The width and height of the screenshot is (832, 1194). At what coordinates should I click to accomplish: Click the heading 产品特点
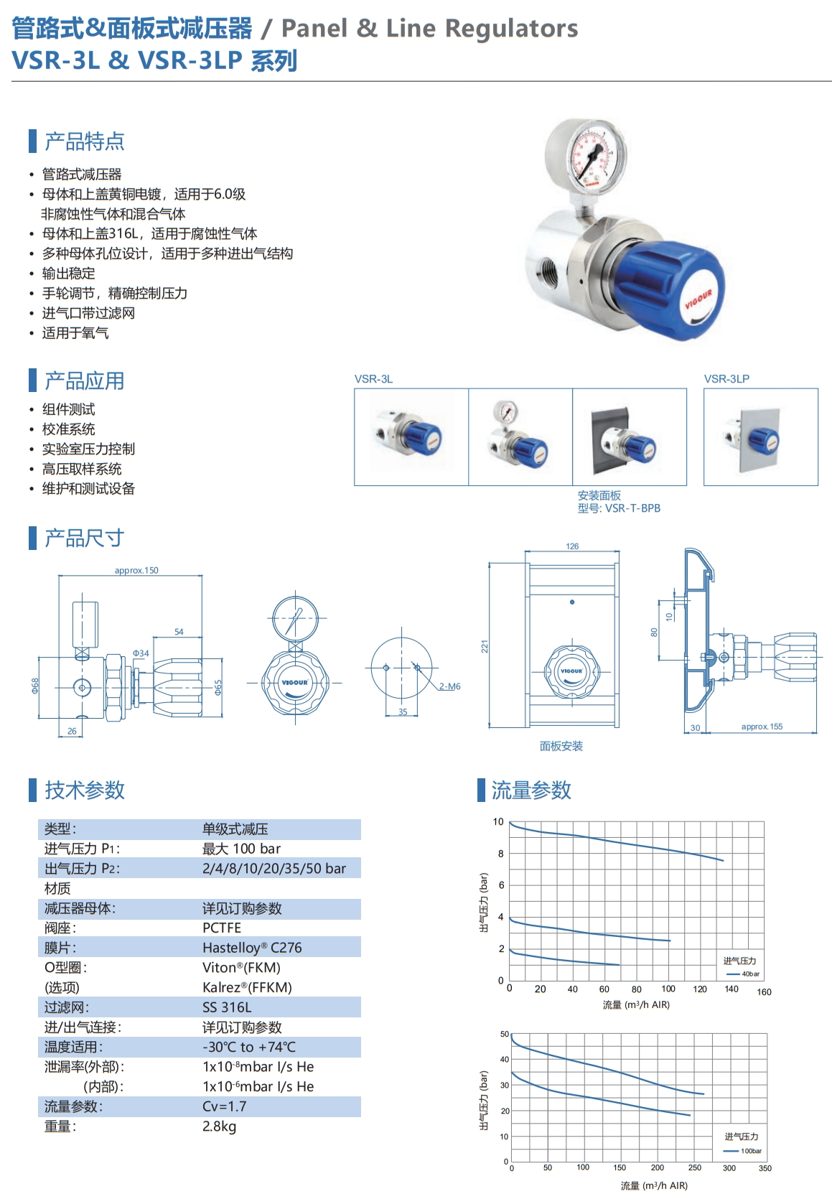click(84, 141)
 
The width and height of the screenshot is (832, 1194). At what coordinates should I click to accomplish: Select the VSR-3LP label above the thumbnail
click(726, 378)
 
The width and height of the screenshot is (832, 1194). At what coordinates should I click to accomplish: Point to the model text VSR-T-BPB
click(632, 508)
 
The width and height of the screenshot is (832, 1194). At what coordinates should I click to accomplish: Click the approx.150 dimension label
click(136, 570)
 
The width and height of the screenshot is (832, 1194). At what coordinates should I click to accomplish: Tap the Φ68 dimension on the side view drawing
click(35, 686)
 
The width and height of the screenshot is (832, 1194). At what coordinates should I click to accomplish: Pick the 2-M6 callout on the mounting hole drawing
click(450, 686)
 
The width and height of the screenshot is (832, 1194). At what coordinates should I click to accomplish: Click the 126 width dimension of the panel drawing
click(572, 546)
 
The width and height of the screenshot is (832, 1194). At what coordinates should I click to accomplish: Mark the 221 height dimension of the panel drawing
click(485, 647)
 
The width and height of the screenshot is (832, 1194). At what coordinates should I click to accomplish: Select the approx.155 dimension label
click(762, 727)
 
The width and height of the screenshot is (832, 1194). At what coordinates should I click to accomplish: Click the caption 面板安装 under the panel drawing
click(561, 746)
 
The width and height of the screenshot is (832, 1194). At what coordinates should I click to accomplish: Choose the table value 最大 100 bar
click(241, 849)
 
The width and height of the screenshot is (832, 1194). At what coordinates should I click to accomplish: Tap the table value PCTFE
click(222, 928)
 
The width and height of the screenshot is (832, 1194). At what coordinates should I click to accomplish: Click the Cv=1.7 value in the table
click(225, 1106)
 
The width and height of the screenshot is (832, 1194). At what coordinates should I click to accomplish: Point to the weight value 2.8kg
click(219, 1127)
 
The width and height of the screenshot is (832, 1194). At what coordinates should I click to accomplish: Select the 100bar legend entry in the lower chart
click(742, 1151)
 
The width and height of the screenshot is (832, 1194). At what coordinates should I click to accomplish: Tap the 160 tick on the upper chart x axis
click(765, 992)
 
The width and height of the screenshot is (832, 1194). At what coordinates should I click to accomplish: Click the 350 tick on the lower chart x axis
click(765, 1168)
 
